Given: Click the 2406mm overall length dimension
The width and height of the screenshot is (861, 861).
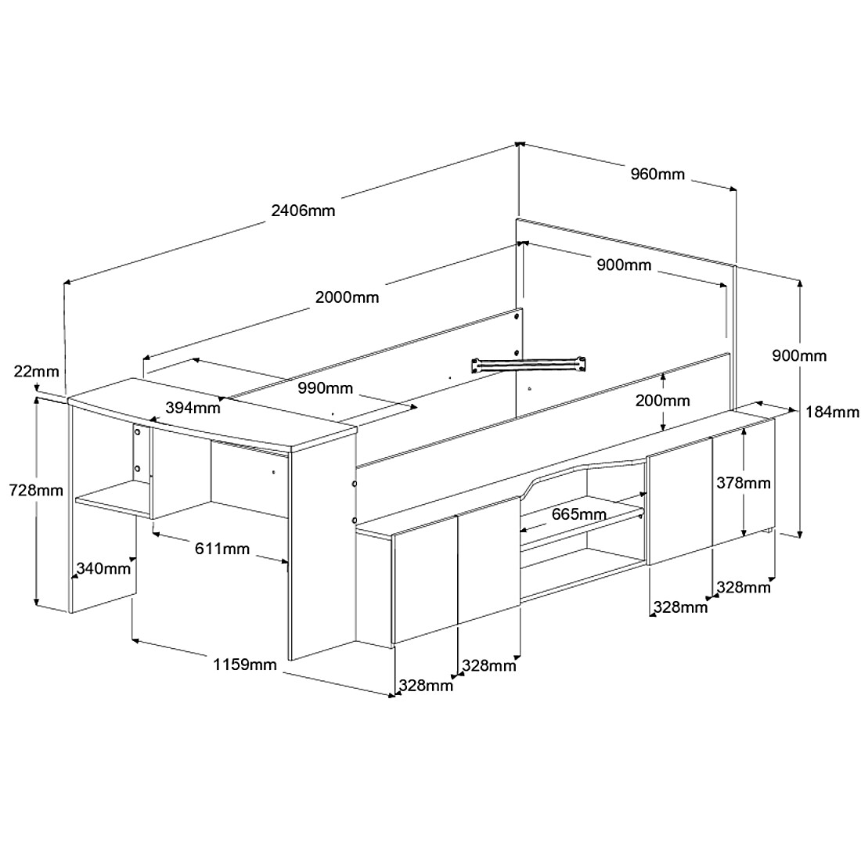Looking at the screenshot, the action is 303,211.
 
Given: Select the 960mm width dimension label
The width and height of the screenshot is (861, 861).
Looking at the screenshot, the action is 657,174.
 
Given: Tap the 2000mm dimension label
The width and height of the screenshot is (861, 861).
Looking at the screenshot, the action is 347,297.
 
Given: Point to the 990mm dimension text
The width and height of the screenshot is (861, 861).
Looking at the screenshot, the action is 325,388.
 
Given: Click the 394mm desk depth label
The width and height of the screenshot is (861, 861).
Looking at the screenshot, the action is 193,408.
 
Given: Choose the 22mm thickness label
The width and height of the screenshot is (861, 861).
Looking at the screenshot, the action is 36,371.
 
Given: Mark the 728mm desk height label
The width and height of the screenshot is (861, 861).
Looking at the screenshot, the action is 36,490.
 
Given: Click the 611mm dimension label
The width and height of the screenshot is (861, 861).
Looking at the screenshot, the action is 222,548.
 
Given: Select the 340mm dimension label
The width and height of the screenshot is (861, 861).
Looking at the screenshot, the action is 103,567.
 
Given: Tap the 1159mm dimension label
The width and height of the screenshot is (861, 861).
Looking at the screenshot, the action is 245,665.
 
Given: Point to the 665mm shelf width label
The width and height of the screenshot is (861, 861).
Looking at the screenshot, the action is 579,514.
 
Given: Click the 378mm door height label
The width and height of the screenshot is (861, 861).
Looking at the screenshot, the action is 744,483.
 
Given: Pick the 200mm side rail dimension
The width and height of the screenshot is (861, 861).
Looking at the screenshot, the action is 663,400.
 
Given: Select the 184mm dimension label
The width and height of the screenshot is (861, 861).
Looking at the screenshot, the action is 832,411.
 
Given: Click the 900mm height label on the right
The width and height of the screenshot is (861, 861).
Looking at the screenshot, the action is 799,355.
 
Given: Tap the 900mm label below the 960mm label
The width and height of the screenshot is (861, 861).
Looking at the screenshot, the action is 625,265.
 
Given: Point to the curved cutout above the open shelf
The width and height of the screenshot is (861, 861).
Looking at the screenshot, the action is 583,473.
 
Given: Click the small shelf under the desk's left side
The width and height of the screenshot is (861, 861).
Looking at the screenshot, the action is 113,499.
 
